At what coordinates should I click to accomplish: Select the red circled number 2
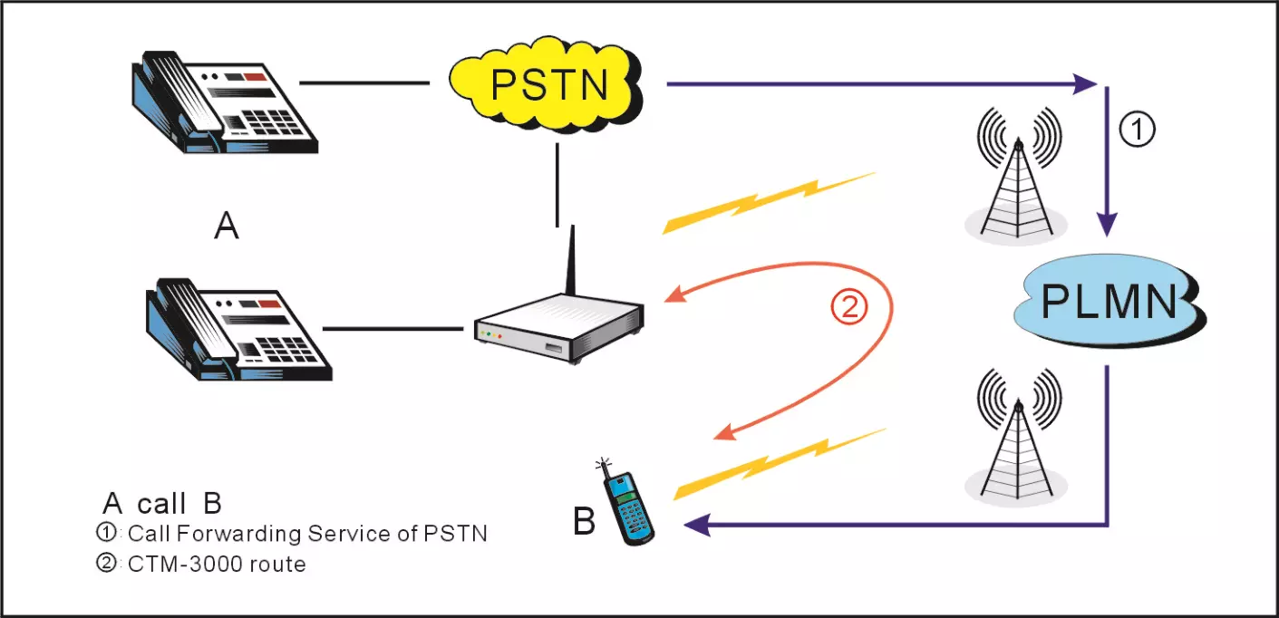point(850,308)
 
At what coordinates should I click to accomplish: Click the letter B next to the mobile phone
point(585,523)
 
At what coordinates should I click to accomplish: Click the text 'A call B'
point(162,504)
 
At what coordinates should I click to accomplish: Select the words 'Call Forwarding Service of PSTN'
point(307,533)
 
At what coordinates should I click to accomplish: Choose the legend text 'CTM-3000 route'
point(217,564)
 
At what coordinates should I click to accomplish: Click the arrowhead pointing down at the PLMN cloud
point(1108,224)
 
